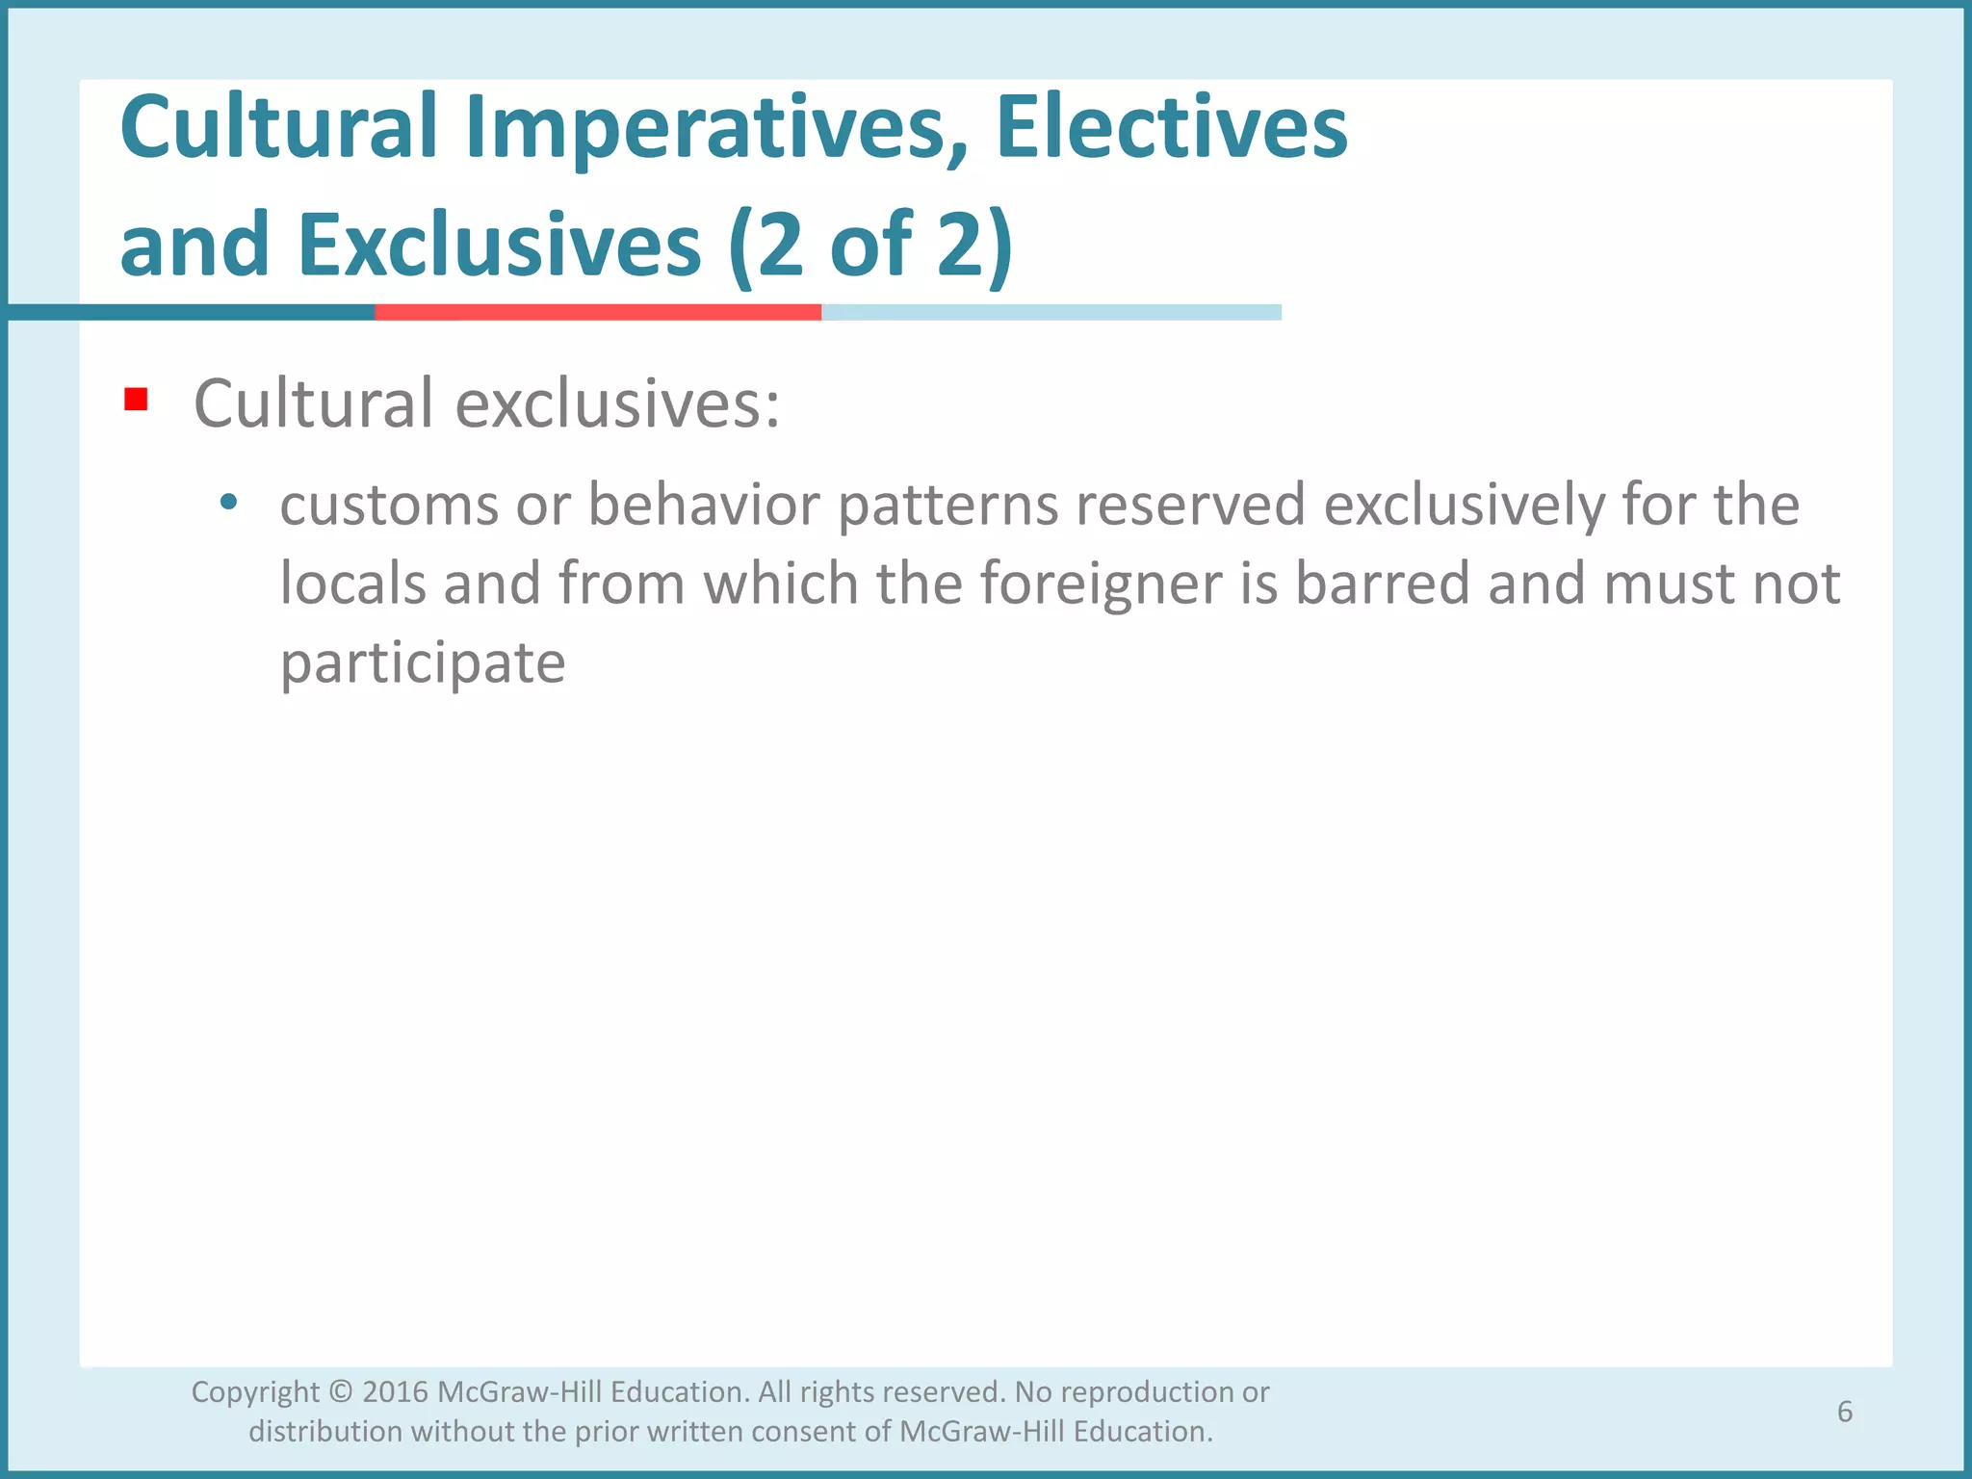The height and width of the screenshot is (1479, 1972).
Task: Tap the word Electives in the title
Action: pos(1171,128)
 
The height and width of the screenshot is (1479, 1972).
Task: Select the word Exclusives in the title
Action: pos(499,246)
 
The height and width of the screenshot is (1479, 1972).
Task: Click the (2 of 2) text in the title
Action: pos(870,246)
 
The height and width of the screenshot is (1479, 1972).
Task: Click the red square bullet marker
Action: pos(136,400)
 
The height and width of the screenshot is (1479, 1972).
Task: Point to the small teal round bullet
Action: pos(228,502)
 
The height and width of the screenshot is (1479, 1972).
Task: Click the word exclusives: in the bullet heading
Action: pos(617,403)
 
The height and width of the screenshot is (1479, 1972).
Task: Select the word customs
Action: pos(389,505)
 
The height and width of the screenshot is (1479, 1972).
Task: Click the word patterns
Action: pos(948,506)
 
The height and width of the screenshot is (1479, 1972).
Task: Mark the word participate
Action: pos(423,664)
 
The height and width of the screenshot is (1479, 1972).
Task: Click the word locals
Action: pos(352,584)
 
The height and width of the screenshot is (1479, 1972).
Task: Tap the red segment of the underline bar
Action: pos(597,312)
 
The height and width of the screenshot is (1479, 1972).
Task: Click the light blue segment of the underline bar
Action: pos(1051,312)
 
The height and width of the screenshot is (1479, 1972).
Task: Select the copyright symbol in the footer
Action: pos(341,1392)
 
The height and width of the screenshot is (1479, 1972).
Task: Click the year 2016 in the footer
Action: pos(395,1392)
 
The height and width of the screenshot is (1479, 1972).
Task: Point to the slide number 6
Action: pos(1844,1412)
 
